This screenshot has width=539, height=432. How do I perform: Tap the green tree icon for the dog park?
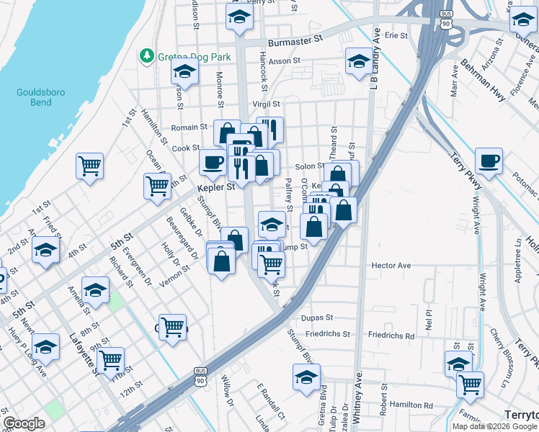pyautogui.click(x=148, y=55)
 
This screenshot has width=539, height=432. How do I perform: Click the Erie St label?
pyautogui.click(x=396, y=34)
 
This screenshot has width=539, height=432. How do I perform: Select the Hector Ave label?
pyautogui.click(x=391, y=266)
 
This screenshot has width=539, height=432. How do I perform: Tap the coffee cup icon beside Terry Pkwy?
pyautogui.click(x=489, y=161)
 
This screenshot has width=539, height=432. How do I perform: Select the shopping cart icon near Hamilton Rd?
pyautogui.click(x=470, y=384)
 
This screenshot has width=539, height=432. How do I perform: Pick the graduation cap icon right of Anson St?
pyautogui.click(x=358, y=61)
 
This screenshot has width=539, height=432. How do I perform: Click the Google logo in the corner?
pyautogui.click(x=24, y=423)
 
